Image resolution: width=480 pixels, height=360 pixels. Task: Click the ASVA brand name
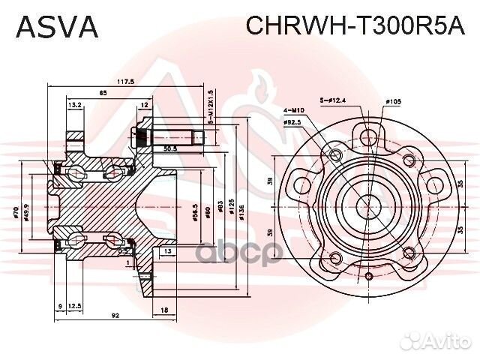(x=57, y=26)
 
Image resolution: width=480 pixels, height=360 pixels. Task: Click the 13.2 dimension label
(x=74, y=105)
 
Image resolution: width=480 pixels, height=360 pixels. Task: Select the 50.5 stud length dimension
(x=169, y=148)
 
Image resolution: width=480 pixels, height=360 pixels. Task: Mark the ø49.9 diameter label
(x=28, y=211)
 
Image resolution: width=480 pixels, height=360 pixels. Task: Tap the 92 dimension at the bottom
(x=114, y=316)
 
